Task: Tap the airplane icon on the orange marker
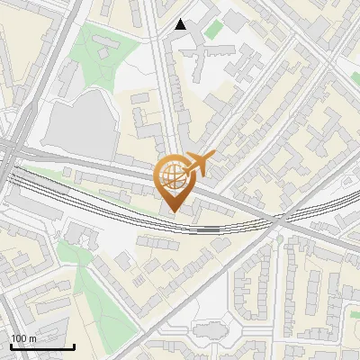pos(199,163)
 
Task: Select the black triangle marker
pos(181,24)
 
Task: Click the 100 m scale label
pos(24,338)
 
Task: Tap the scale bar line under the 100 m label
pos(42,346)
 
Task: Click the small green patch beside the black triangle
pos(212,29)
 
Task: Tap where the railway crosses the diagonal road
pos(281,219)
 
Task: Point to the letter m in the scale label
pos(32,338)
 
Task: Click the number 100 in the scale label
pos(19,338)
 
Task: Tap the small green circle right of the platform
pos(240,230)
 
